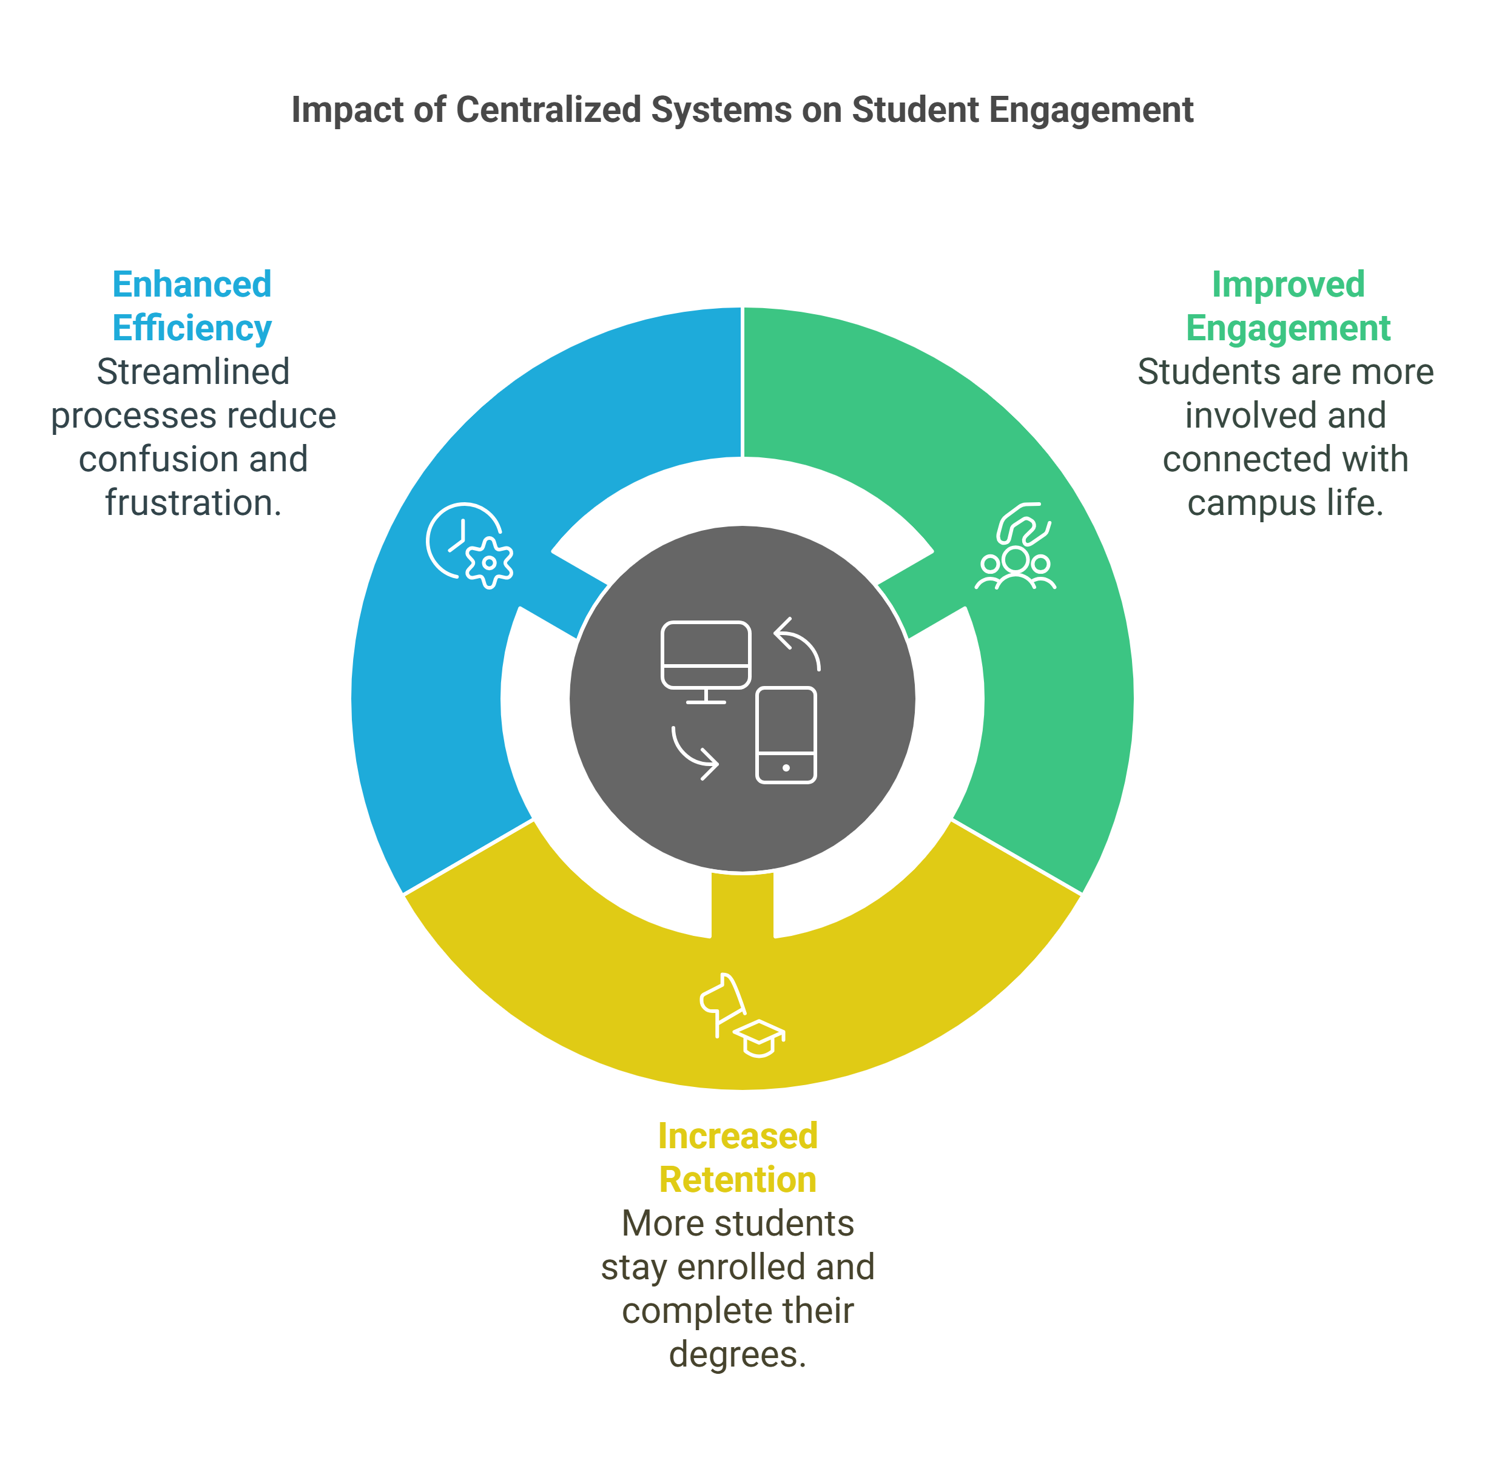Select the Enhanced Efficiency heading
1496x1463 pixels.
(x=192, y=306)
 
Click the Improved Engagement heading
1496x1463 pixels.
(x=1288, y=306)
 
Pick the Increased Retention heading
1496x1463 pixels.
(x=738, y=1157)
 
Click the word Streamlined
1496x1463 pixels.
(x=193, y=372)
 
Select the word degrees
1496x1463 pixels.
(x=737, y=1354)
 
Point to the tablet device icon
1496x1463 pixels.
(x=786, y=735)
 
